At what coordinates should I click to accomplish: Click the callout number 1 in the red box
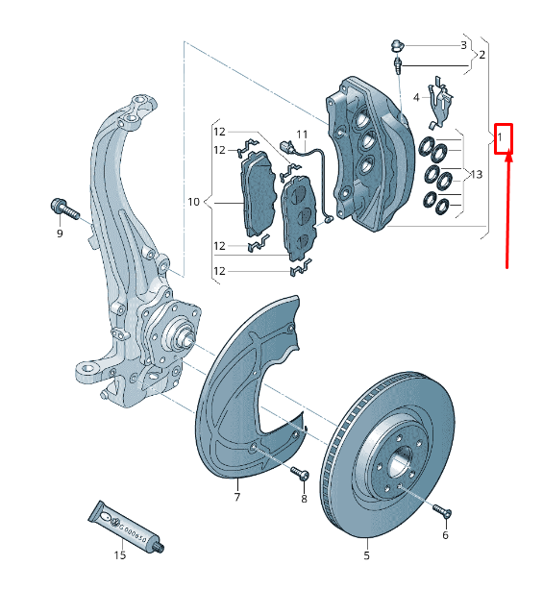501,138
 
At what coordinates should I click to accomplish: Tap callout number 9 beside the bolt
59,234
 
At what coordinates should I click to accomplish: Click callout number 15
120,554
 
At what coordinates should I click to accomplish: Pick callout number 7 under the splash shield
236,497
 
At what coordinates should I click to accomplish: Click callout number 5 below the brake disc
366,554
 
